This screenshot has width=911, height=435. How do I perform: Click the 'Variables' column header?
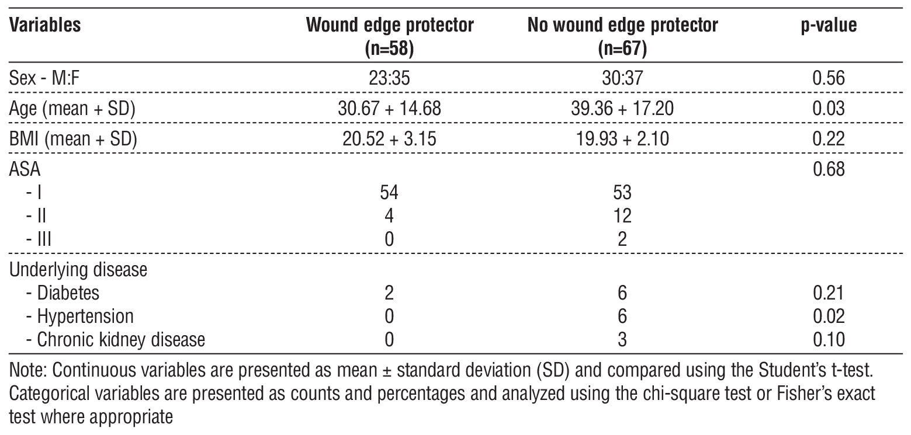coord(45,27)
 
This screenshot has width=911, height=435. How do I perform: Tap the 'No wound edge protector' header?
coord(622,27)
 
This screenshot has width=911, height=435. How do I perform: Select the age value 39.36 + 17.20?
coord(622,110)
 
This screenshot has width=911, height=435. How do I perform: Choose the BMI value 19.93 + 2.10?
coord(622,140)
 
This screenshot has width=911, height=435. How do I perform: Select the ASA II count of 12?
coord(622,217)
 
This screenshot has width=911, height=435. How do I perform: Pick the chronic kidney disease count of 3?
coord(622,339)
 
